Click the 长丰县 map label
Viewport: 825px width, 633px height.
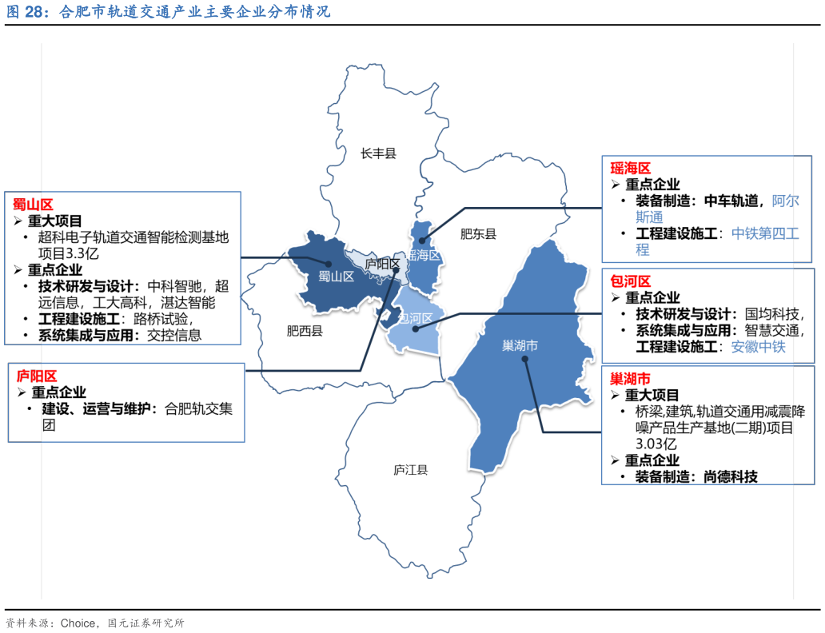378,153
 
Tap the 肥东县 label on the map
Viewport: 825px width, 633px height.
478,234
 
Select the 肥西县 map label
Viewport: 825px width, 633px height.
305,331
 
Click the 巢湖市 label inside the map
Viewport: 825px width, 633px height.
520,345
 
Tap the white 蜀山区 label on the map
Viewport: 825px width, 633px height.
336,277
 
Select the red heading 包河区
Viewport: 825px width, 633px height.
630,281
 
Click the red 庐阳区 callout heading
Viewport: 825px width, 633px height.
37,376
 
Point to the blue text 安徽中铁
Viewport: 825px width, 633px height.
759,347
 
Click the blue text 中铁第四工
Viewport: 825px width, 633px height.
765,233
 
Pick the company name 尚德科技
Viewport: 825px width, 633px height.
731,476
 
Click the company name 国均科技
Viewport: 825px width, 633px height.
770,313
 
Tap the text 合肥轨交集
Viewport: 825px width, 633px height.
198,409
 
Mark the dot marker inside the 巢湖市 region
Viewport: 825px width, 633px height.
524,359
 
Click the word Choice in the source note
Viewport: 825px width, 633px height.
80,623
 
